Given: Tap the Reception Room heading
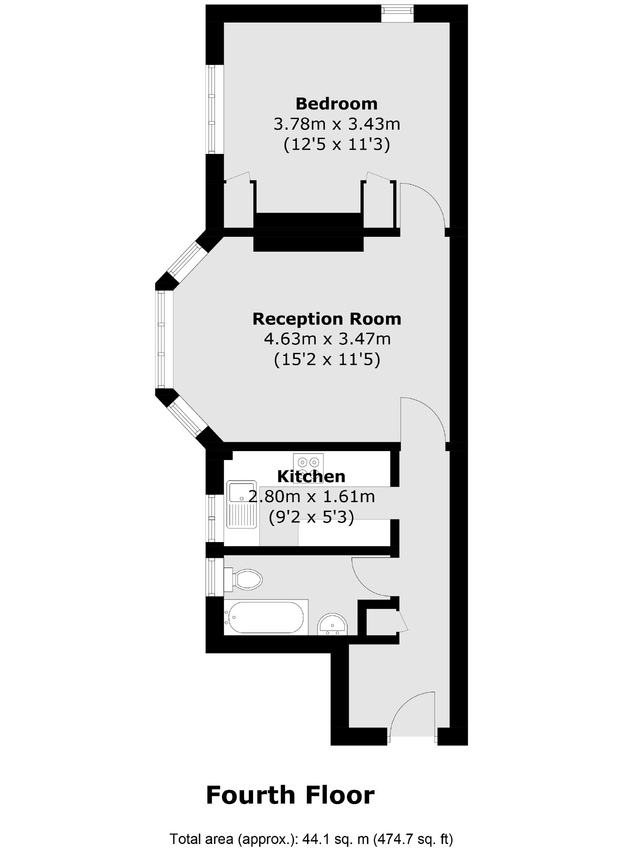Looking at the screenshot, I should pos(327,318).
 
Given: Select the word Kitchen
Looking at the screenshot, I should pos(311,476).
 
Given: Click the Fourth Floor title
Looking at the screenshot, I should pos(290,795).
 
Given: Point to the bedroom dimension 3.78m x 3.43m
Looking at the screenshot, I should pos(336,124).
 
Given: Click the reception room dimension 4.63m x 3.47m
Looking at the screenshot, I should pos(327,339).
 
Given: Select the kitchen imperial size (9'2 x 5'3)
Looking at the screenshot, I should pos(311,517).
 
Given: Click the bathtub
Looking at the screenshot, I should pos(266,617).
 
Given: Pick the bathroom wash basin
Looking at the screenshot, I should pos(332,625).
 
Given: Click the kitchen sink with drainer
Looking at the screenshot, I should pos(241,504).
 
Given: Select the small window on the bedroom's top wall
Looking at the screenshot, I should pos(397,13).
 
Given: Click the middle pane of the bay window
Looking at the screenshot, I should pos(161,339).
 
